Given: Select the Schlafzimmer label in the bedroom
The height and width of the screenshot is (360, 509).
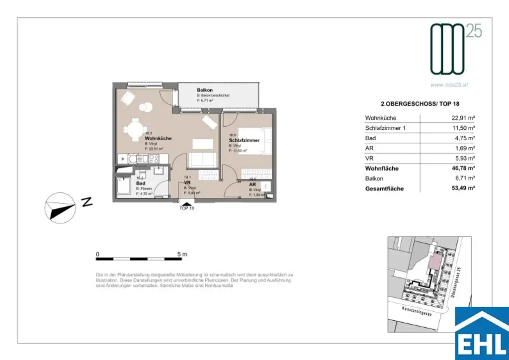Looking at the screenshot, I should (x=245, y=141).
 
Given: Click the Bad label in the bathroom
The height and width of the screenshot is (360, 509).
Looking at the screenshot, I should (x=140, y=183).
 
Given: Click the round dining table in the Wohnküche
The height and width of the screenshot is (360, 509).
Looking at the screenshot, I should (x=134, y=131).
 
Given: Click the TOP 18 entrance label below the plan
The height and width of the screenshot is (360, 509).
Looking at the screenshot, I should (x=187, y=208).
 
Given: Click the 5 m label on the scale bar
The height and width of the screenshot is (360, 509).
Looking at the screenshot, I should (x=182, y=255).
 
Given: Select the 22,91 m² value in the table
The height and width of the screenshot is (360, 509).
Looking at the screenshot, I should (x=462, y=118).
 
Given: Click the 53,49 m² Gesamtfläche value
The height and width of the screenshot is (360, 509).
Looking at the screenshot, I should (x=461, y=189).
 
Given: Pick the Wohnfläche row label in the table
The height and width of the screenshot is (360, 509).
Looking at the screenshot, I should (x=382, y=169).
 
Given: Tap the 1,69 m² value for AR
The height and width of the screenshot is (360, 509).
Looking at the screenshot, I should (x=463, y=149).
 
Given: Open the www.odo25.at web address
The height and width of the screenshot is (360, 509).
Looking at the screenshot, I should (x=449, y=85).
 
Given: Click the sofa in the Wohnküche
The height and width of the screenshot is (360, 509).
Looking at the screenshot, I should (x=202, y=160).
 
